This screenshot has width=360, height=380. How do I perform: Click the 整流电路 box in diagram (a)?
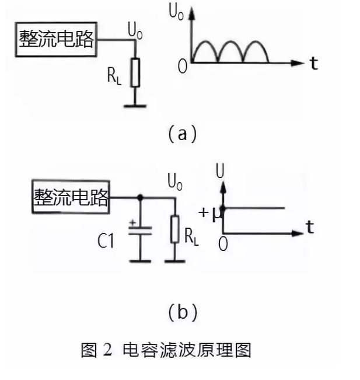point(57,40)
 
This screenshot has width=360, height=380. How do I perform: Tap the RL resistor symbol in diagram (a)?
point(135,72)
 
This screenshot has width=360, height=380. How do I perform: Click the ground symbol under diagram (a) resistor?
point(135,105)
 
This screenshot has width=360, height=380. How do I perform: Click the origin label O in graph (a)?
point(183,66)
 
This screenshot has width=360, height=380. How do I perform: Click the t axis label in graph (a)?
point(314,63)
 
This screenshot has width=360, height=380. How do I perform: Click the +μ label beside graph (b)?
point(210,213)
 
